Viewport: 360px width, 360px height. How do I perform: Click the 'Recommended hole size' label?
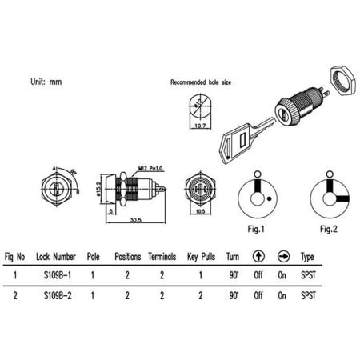pyautogui.click(x=198, y=82)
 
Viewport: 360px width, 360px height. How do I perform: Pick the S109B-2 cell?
pyautogui.click(x=60, y=295)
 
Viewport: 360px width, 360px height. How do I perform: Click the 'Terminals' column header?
pyautogui.click(x=162, y=257)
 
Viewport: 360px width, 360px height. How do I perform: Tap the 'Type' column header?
pyautogui.click(x=306, y=257)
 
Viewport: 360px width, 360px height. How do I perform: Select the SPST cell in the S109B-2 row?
pyautogui.click(x=306, y=295)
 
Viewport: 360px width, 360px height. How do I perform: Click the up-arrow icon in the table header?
pyautogui.click(x=258, y=257)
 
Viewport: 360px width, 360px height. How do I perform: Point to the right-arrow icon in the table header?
pyautogui.click(x=282, y=257)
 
